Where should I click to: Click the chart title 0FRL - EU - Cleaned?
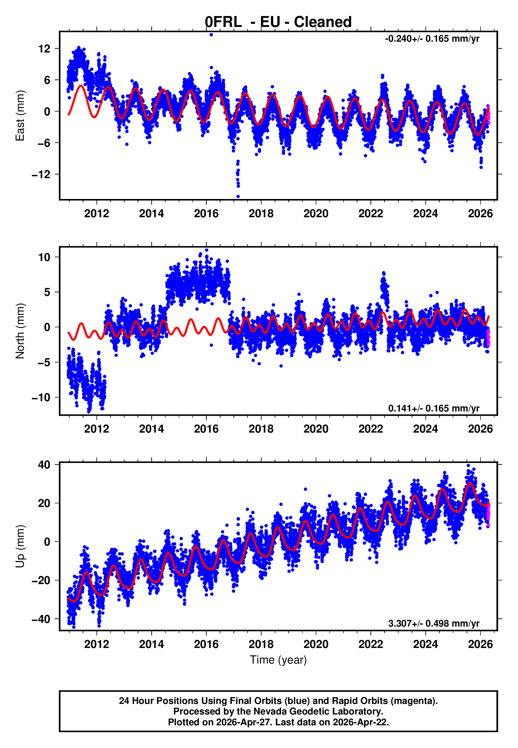point(278,22)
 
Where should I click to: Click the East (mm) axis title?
point(20,116)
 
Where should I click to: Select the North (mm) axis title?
point(20,331)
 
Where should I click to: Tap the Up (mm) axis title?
point(20,546)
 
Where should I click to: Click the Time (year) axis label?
point(278,660)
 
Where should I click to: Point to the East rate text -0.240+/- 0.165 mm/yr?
point(432,39)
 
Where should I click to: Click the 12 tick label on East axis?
point(44,49)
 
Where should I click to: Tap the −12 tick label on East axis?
point(41,174)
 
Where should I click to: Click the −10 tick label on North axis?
point(41,397)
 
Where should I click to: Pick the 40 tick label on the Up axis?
point(44,465)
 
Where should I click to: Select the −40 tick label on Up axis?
point(41,619)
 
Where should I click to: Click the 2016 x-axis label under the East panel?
point(206,214)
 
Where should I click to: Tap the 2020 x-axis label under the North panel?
point(316,429)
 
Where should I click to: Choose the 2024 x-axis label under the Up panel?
point(426,644)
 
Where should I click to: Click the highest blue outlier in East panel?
point(211,35)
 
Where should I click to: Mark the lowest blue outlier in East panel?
point(238,197)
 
